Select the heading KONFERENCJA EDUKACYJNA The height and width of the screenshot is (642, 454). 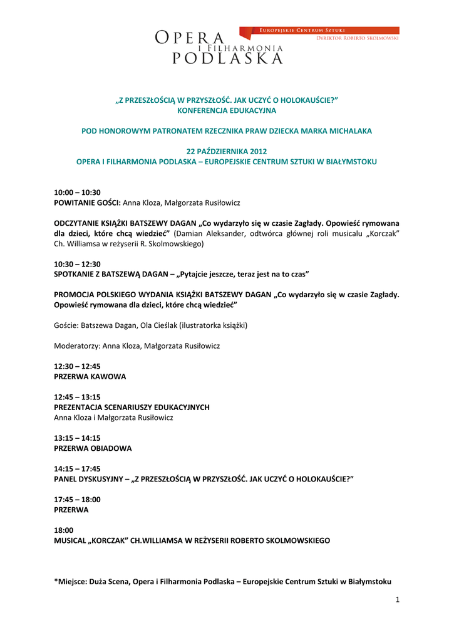[227, 110]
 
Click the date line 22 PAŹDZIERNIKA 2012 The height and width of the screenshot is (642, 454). [227, 151]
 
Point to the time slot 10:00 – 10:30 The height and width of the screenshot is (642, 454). [78, 192]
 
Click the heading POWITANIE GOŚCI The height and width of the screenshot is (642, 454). [87, 203]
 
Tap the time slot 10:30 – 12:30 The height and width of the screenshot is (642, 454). [78, 265]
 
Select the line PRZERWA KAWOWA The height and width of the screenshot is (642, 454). [90, 377]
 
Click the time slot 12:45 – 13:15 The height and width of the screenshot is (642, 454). [78, 397]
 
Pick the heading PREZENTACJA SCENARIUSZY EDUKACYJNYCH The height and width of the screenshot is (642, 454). [132, 407]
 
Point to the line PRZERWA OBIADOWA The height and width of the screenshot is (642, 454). [93, 448]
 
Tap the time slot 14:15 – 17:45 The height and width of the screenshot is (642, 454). [78, 468]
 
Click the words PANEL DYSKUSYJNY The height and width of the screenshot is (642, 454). [90, 478]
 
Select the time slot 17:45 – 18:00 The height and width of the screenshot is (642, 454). [78, 500]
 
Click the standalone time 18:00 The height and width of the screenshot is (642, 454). [64, 530]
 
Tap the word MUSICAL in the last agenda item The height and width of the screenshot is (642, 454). [71, 540]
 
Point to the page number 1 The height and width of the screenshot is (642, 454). [397, 600]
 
